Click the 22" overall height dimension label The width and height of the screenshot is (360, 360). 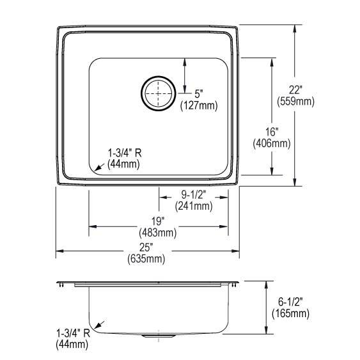point(295,90)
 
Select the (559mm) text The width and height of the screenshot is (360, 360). point(295,102)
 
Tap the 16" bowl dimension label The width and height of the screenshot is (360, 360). point(272,132)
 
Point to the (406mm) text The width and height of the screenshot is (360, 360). point(272,143)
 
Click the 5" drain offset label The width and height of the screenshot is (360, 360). point(199,94)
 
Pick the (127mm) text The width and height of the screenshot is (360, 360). point(199,106)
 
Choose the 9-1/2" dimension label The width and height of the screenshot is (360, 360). point(194,195)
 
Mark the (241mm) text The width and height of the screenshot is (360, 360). point(194,206)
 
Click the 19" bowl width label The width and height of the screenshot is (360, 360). point(158,221)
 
